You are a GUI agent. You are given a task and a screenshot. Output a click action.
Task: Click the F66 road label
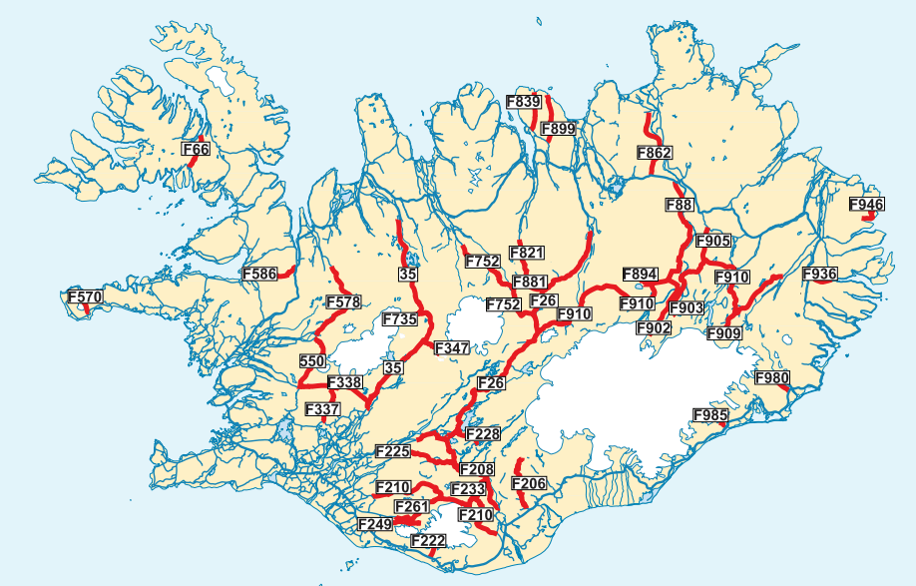tap(198, 150)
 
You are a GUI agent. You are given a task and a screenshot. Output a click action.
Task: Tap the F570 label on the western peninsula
tap(85, 297)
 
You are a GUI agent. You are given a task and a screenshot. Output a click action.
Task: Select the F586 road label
tap(259, 273)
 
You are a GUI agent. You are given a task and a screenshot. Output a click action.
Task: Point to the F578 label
tap(343, 302)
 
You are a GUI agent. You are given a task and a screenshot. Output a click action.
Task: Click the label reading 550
tap(312, 360)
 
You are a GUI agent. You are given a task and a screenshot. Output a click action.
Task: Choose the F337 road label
tap(322, 410)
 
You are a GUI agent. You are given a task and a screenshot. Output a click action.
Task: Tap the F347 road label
tap(452, 347)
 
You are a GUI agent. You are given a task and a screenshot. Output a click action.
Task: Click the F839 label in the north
tap(524, 102)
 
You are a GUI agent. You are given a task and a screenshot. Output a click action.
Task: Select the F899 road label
tap(558, 129)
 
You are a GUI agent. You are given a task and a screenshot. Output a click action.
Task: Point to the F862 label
tap(655, 153)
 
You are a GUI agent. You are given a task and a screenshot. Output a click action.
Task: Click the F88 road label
tap(679, 206)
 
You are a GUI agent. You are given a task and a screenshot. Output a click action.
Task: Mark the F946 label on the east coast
tap(866, 205)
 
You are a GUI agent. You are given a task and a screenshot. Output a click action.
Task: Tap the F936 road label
tap(820, 274)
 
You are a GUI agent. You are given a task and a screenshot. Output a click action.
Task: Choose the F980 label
tap(772, 378)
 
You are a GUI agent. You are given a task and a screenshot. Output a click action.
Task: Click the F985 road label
tap(710, 415)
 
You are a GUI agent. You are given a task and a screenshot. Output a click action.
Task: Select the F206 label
tap(529, 484)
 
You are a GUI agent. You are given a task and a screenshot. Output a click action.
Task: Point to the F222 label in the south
tap(428, 540)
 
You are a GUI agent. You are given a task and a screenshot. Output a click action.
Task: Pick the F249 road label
tap(375, 523)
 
